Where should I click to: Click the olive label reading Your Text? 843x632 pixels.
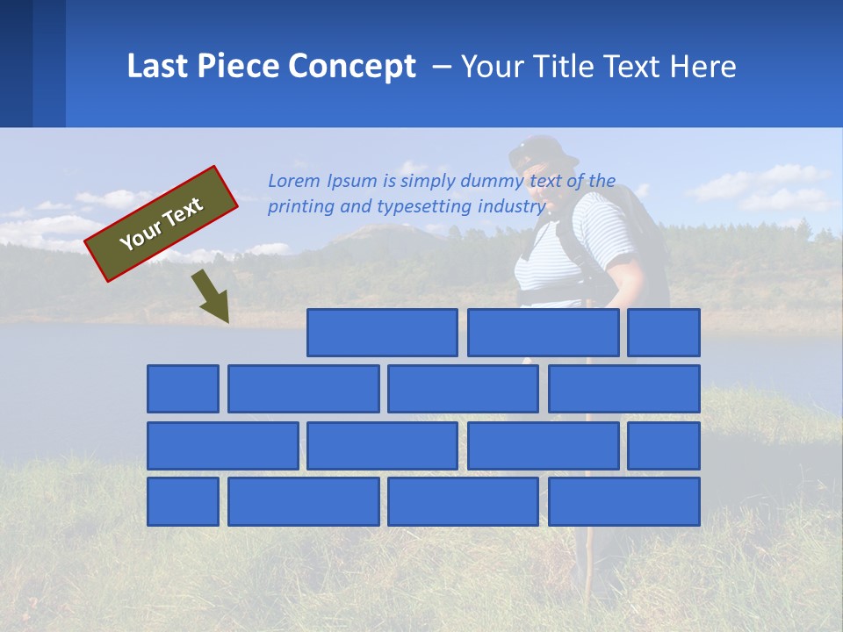click(x=162, y=224)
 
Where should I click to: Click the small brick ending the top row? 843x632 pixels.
click(x=663, y=333)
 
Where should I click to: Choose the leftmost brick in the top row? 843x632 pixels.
click(x=382, y=333)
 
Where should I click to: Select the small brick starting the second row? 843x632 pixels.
click(x=183, y=389)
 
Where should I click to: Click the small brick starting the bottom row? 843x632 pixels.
click(x=183, y=501)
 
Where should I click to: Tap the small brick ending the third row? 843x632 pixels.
click(x=663, y=445)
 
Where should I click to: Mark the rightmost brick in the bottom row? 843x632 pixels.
click(x=623, y=501)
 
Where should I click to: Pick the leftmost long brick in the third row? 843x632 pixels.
click(x=222, y=445)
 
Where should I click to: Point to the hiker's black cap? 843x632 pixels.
click(x=543, y=151)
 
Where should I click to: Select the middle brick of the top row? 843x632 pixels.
click(x=543, y=333)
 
